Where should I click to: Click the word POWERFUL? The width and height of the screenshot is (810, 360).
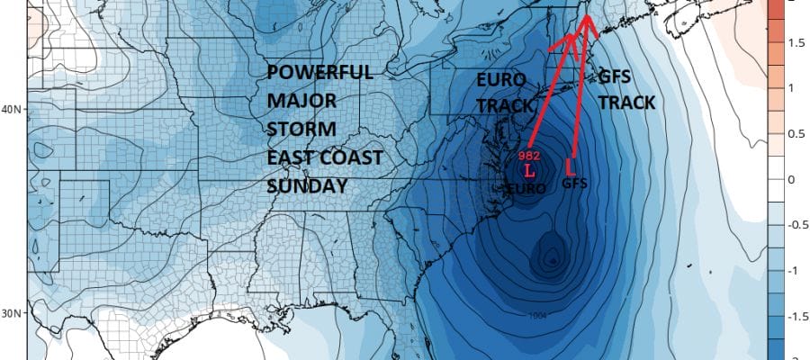click(320, 73)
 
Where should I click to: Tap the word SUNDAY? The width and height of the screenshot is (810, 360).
click(307, 186)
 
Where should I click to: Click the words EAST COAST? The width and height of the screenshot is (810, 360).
click(325, 157)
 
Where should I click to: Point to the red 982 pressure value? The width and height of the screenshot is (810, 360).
click(528, 154)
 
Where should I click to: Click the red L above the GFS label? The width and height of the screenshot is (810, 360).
click(569, 167)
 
